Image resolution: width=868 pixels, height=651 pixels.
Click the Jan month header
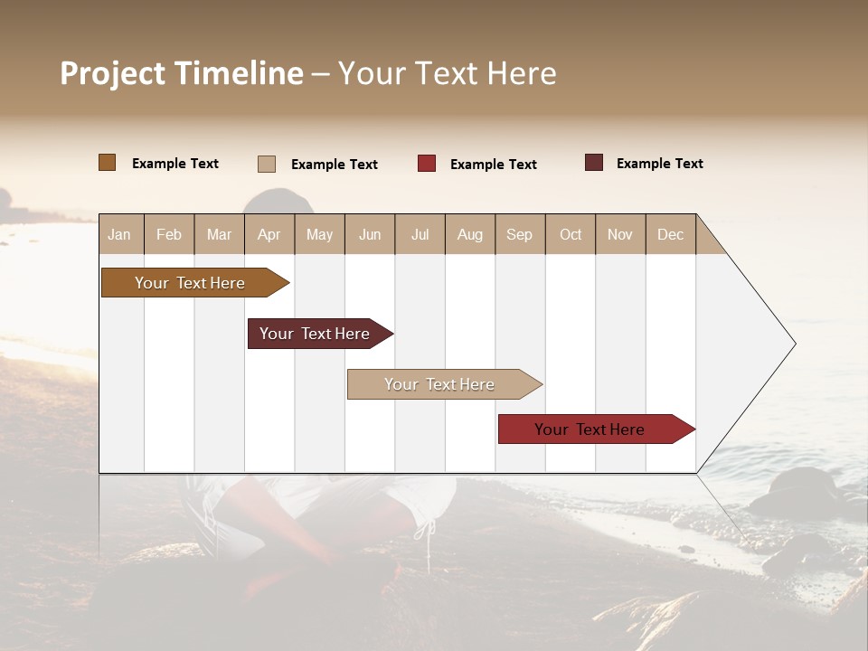pyautogui.click(x=119, y=234)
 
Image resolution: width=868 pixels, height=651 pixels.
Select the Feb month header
pyautogui.click(x=169, y=234)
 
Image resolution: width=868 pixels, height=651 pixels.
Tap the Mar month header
pyautogui.click(x=219, y=234)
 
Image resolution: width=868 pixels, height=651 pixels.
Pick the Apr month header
pyautogui.click(x=269, y=234)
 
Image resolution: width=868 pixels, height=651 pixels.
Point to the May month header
pyautogui.click(x=319, y=234)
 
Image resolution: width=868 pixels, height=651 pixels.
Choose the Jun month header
pyautogui.click(x=370, y=234)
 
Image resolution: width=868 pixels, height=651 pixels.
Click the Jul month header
pyautogui.click(x=420, y=234)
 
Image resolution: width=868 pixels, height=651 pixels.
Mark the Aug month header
pyautogui.click(x=469, y=234)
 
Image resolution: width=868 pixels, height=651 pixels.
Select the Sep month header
pyautogui.click(x=519, y=234)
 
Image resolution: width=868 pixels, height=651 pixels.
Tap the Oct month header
pyautogui.click(x=571, y=234)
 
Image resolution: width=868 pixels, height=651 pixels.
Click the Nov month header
pyautogui.click(x=620, y=234)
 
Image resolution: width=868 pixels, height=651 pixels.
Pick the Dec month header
pyautogui.click(x=670, y=234)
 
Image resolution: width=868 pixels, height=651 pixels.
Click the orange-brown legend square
pyautogui.click(x=108, y=163)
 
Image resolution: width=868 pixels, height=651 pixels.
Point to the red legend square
pyautogui.click(x=427, y=164)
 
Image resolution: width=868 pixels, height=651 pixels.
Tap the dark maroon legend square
pyautogui.click(x=594, y=163)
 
